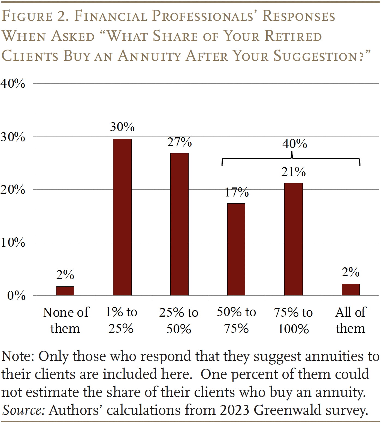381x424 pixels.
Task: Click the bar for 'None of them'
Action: tap(65, 291)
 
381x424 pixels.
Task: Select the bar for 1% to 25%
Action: tap(122, 217)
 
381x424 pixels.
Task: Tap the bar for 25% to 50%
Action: tap(179, 224)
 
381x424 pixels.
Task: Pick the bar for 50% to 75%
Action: tap(236, 249)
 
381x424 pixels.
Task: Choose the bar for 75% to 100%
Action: tap(293, 239)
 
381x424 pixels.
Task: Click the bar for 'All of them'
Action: tap(350, 289)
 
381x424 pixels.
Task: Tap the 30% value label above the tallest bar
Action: tap(122, 127)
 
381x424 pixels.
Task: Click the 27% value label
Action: tap(179, 142)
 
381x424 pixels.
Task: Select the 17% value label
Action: tap(237, 192)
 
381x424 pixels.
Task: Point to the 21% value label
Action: tap(294, 172)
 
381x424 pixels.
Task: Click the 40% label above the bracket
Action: tap(294, 144)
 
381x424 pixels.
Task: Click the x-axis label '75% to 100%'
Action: tap(293, 320)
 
